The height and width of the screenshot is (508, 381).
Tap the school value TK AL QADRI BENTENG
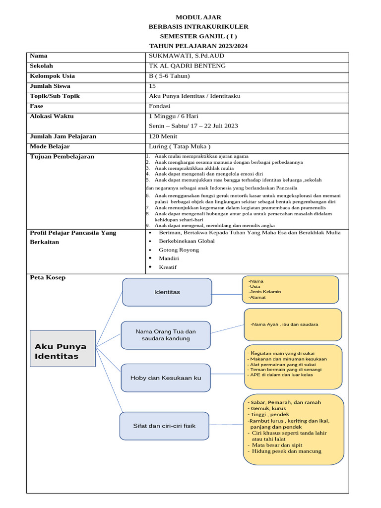coord(187,66)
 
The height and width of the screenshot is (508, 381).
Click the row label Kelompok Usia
coord(53,76)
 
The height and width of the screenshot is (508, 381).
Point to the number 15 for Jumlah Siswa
coord(152,86)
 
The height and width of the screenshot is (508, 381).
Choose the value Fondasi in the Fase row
coord(160,106)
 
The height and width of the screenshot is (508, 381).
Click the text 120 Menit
coord(163,136)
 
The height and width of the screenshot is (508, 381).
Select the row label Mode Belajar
coord(50,147)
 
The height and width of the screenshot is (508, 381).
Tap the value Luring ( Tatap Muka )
coord(180,147)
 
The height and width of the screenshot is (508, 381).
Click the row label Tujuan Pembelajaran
coord(62,157)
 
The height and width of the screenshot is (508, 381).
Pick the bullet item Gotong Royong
coord(179,250)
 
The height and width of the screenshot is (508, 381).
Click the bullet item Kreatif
coord(168,267)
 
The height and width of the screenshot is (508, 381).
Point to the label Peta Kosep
coord(48,278)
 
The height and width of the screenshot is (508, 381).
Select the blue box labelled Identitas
coord(167,292)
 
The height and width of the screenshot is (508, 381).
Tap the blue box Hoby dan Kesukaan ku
coord(165,378)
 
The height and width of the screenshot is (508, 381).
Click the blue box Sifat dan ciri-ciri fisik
coord(164,426)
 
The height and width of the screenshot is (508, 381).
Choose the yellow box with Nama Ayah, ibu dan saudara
coord(292,324)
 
